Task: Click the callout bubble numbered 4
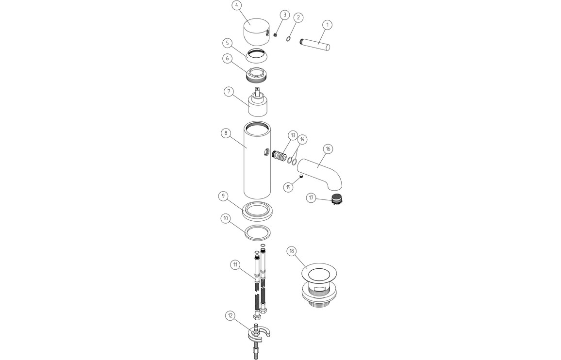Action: (236, 6)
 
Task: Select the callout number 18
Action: (292, 251)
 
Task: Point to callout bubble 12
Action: (230, 316)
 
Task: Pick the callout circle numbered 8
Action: (226, 133)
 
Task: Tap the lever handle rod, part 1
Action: (314, 44)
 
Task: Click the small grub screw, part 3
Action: (276, 35)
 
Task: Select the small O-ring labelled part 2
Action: (288, 38)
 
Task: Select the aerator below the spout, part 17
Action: (336, 198)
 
